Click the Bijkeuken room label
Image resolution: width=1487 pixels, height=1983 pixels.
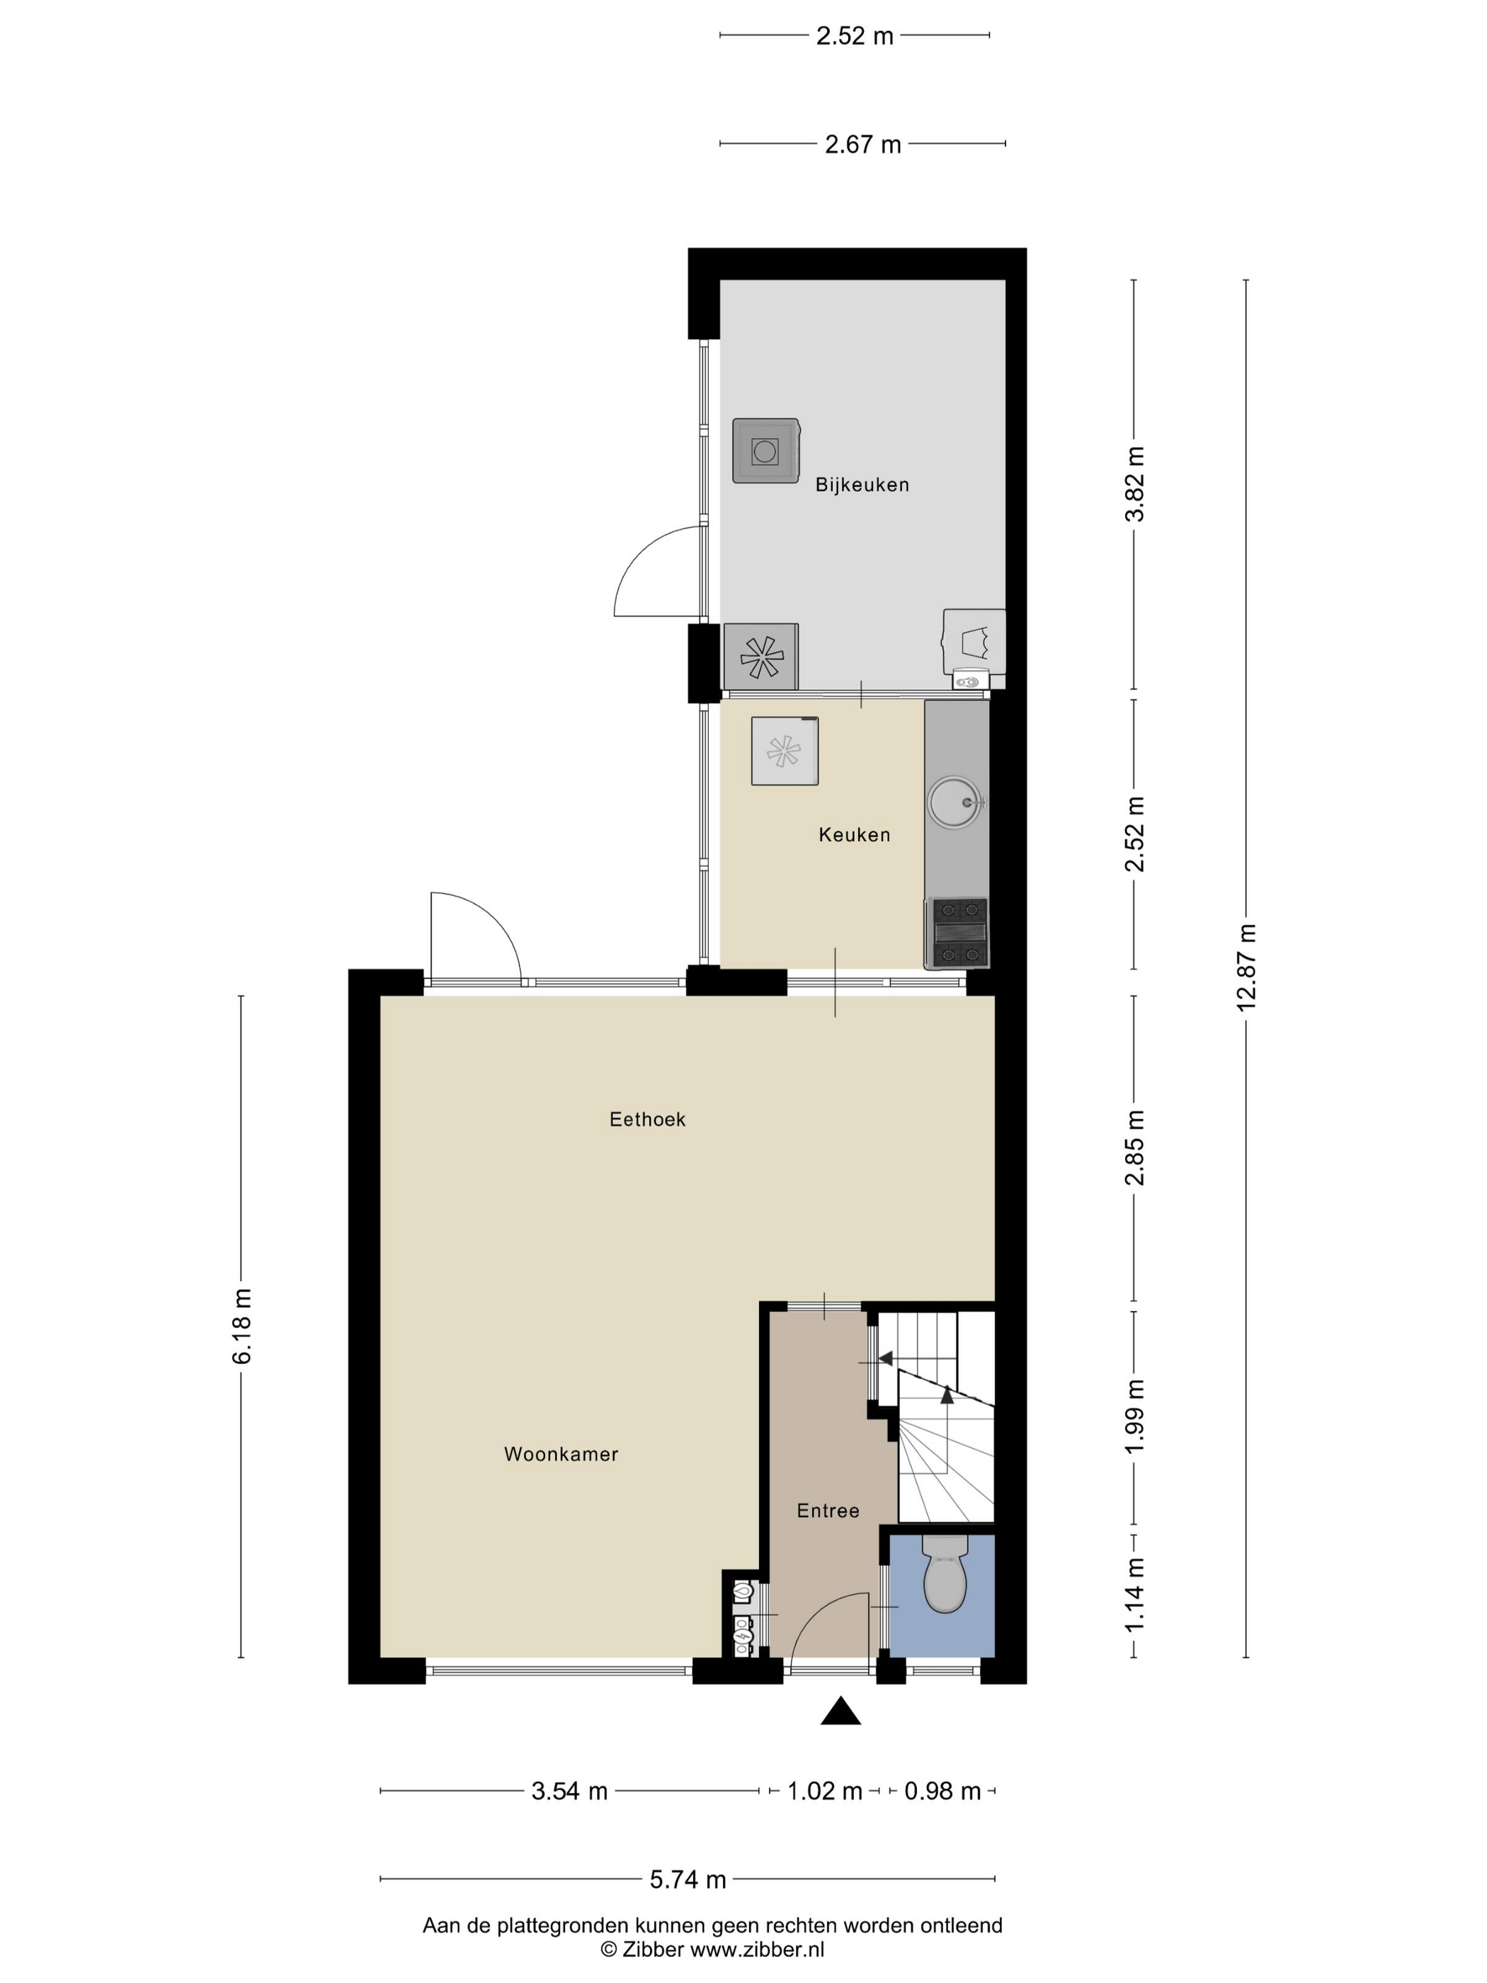pos(861,485)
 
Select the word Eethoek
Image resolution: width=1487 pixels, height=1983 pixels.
pos(646,1119)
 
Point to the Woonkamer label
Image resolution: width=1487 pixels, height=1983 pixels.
pos(560,1454)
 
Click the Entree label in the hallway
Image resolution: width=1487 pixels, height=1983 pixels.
pos(827,1511)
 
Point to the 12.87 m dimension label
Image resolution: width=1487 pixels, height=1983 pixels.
pos(1246,967)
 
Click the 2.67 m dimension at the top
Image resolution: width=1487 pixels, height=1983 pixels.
pos(862,144)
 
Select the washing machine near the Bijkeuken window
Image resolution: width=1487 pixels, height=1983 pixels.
pos(765,451)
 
